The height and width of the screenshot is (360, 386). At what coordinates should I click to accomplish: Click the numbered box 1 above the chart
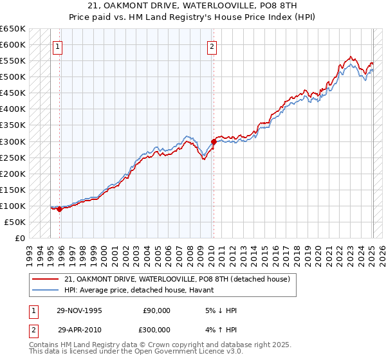(58, 46)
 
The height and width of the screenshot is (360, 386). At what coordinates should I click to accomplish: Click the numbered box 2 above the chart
(212, 46)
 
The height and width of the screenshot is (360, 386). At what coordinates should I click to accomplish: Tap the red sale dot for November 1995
(60, 208)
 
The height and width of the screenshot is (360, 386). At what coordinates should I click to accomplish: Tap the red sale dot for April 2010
(214, 141)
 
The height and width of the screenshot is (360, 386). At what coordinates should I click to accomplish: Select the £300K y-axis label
(14, 141)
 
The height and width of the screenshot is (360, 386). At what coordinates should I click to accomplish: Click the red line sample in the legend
(45, 279)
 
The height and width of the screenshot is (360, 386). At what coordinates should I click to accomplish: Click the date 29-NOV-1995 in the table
(80, 310)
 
